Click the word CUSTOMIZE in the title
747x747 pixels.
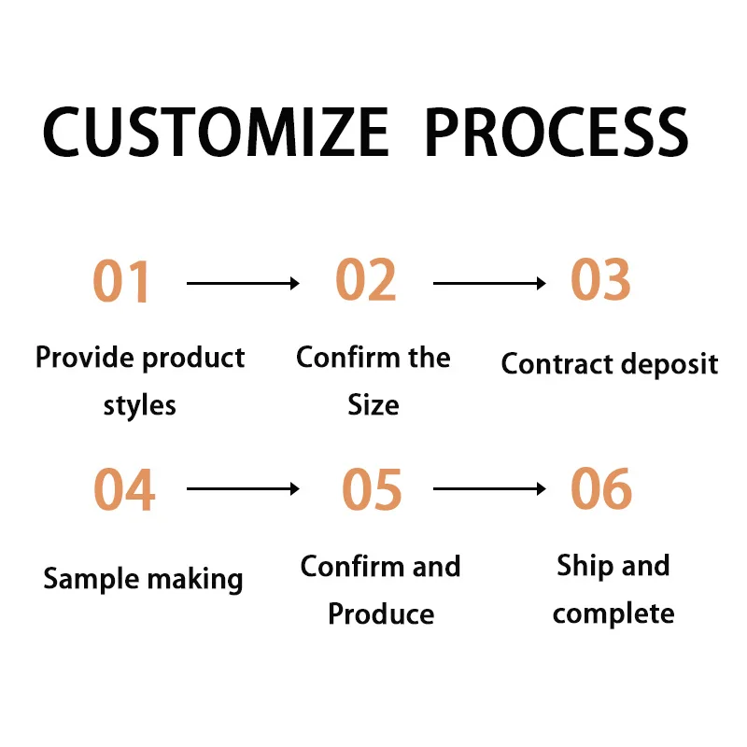pyautogui.click(x=215, y=132)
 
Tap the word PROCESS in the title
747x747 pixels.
pyautogui.click(x=557, y=132)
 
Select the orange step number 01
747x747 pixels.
pyautogui.click(x=122, y=281)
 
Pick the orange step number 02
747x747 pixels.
pyautogui.click(x=366, y=279)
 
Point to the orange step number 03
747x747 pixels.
pyautogui.click(x=600, y=279)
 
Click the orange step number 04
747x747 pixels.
pyautogui.click(x=124, y=489)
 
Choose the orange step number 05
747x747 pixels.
pyautogui.click(x=372, y=489)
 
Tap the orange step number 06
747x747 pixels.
pyautogui.click(x=601, y=488)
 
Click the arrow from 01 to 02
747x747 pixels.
pyautogui.click(x=243, y=283)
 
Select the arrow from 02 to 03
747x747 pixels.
pyautogui.click(x=489, y=283)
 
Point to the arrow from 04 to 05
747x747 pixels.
pyautogui.click(x=243, y=488)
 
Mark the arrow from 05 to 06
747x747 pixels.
pyautogui.click(x=489, y=488)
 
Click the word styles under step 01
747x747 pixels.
pyautogui.click(x=140, y=406)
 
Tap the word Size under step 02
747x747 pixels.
pyautogui.click(x=373, y=405)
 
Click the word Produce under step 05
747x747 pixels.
pyautogui.click(x=381, y=613)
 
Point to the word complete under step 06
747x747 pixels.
pyautogui.click(x=613, y=613)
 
